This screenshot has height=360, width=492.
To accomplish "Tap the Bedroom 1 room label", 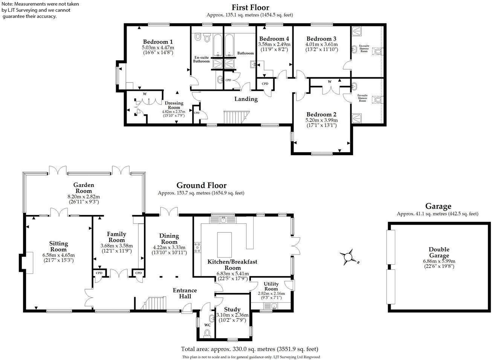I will coord(158,42).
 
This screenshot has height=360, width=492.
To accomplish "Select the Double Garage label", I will coord(439,252).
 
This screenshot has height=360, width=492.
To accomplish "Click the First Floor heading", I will coord(250,7).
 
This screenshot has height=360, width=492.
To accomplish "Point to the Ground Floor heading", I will coord(202,185).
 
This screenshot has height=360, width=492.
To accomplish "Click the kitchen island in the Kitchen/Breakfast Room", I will coord(225,244).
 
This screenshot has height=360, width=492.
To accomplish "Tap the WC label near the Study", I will coord(207,325).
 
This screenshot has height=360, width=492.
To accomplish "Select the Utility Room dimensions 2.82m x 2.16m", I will coord(271,293).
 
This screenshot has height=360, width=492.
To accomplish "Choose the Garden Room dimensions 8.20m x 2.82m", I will coord(84,197).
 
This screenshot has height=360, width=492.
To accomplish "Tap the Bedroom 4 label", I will coord(274,39).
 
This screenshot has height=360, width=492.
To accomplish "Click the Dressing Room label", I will coord(174,105).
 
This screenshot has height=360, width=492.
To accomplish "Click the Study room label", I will coord(232,310).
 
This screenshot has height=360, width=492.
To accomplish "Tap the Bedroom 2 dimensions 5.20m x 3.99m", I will coord(321,121).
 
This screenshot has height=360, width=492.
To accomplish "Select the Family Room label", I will coord(116,237).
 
